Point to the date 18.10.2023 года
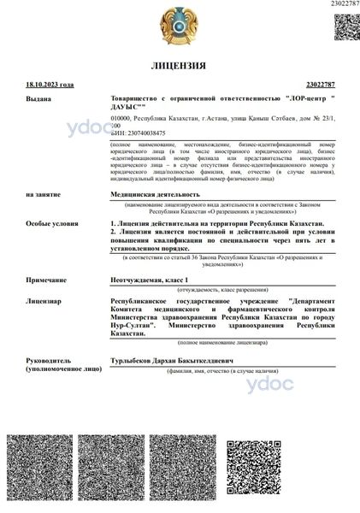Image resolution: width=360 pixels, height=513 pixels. coord(49,85)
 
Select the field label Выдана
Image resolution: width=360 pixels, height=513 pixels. coord(38,99)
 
